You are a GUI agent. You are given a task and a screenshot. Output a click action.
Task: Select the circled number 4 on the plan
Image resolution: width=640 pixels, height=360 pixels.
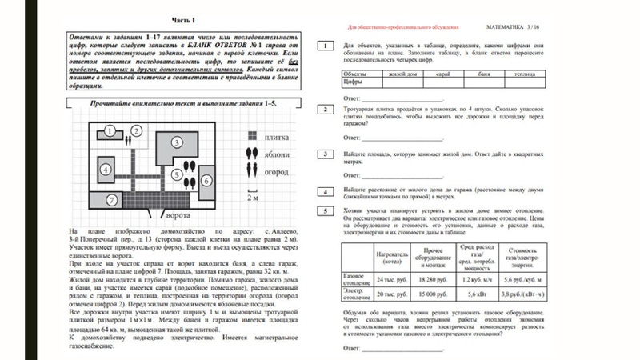(x=106, y=170)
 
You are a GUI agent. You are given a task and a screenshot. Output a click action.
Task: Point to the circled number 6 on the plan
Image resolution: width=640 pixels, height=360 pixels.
(x=206, y=181)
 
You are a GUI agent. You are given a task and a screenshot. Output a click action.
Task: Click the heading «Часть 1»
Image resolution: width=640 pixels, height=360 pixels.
(x=187, y=18)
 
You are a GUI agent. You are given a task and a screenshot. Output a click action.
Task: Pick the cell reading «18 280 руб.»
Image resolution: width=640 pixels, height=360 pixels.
(x=435, y=281)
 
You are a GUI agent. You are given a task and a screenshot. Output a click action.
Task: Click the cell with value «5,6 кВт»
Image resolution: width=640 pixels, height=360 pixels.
(x=482, y=296)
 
